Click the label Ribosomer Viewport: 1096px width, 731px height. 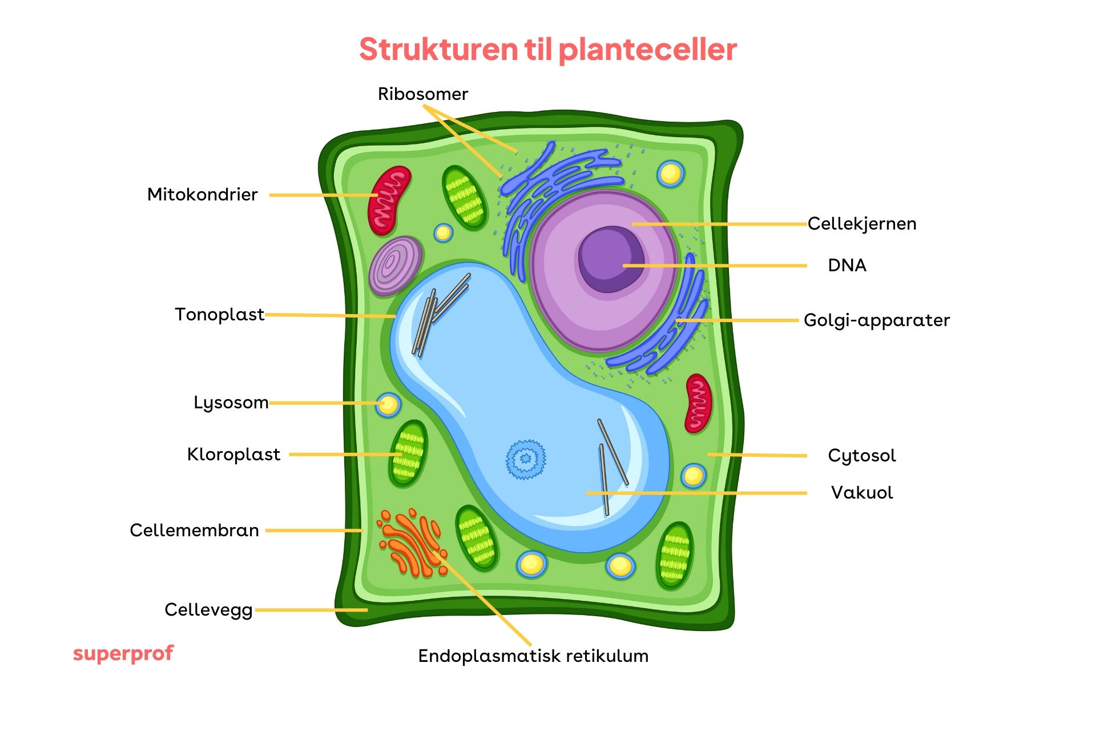point(422,94)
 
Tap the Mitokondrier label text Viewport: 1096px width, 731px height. point(202,195)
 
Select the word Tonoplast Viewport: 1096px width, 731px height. point(219,315)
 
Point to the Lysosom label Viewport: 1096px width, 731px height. point(231,403)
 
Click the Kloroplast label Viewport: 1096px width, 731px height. point(233,455)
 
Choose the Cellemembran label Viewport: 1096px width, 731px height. point(194,531)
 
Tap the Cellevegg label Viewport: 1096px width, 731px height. point(208,610)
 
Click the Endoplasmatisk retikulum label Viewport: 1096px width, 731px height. point(533,656)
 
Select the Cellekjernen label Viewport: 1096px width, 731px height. point(861,224)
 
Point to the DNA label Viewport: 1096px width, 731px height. point(847,266)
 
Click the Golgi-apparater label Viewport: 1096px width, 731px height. point(877,320)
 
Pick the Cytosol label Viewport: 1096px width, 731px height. point(861,456)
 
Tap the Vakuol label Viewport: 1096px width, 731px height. point(861,493)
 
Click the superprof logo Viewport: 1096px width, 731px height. point(123,653)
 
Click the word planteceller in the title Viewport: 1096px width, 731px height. point(647,50)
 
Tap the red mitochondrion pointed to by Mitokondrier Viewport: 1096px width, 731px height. point(389,200)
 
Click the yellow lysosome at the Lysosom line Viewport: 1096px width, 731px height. point(388,405)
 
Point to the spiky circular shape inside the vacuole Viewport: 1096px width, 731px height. point(526,459)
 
